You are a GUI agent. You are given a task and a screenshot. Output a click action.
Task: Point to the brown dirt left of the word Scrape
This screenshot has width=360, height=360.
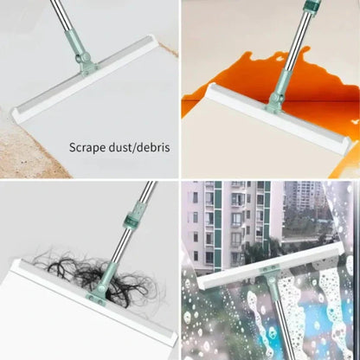tap(26, 147)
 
